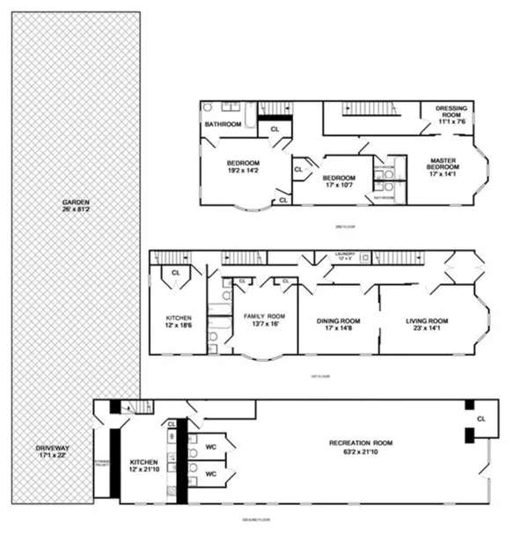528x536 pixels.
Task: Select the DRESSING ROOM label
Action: [x=452, y=108]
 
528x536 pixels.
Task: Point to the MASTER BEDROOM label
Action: [x=442, y=165]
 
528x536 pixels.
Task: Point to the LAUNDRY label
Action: [x=344, y=253]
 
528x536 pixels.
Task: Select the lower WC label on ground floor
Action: [x=210, y=474]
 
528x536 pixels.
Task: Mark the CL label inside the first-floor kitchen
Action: [x=175, y=273]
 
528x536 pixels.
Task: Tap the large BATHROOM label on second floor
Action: [x=223, y=124]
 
